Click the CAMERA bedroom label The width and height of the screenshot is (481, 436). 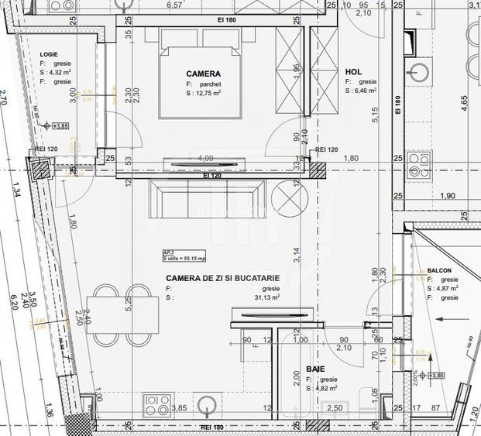[203, 74]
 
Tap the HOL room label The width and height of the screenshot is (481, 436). [353, 72]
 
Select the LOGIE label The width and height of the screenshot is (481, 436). [50, 54]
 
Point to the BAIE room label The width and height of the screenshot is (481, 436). [315, 369]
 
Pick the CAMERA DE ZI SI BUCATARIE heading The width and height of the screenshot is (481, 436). [222, 277]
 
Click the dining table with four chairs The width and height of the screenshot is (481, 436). [119, 316]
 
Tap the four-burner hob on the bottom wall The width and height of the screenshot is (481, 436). [158, 404]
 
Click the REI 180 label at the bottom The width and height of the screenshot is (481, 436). [212, 427]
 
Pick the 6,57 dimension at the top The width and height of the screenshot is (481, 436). [174, 5]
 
